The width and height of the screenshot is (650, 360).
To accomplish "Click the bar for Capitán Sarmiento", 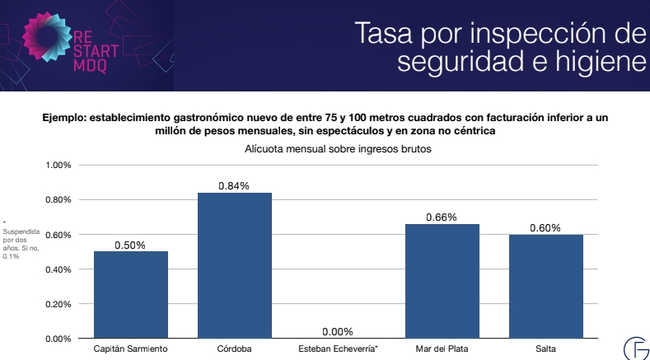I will [x=131, y=294].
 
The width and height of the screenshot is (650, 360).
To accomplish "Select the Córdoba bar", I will [x=235, y=265].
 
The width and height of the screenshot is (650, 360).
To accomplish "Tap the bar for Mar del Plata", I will [x=442, y=281].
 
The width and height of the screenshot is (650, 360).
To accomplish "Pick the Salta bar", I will [x=545, y=286].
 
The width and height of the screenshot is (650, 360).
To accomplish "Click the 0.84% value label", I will [x=235, y=186].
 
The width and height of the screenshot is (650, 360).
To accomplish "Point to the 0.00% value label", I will [x=338, y=331].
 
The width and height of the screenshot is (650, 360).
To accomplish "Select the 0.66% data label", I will [x=442, y=217].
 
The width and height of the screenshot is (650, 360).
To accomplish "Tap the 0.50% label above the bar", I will [x=131, y=245].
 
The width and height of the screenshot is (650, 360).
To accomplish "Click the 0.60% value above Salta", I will [x=545, y=228].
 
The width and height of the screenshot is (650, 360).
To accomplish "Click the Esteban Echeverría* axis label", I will [x=338, y=349].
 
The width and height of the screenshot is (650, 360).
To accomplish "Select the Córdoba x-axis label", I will [x=235, y=349].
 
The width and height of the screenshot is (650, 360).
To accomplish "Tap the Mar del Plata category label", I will [x=442, y=349].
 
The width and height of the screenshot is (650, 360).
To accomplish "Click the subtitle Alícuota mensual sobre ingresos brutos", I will [x=338, y=149].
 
